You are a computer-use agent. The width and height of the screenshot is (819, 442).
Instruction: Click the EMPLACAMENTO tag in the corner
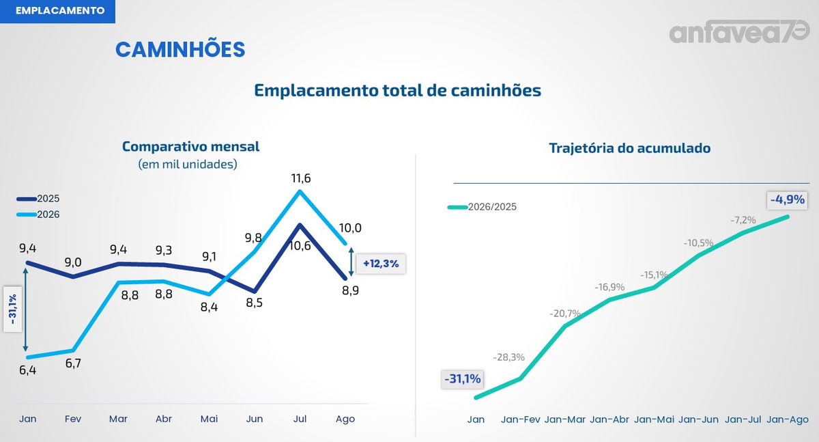click(57, 11)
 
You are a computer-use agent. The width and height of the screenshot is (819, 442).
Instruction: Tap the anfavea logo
click(739, 32)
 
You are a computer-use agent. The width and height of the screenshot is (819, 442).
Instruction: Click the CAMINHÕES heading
click(180, 50)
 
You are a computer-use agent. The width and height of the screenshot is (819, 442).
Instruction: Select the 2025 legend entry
click(38, 199)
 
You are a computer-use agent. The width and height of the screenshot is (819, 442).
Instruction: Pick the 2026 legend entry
click(38, 215)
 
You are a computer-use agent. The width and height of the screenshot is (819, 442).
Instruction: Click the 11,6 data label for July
click(301, 178)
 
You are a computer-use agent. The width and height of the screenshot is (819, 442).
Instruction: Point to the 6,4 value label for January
click(28, 370)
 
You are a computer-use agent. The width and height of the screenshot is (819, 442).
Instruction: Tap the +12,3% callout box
click(381, 264)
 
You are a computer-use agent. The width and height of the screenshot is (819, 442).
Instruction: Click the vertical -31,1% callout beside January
click(13, 309)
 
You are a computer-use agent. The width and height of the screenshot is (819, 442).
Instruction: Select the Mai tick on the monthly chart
click(209, 419)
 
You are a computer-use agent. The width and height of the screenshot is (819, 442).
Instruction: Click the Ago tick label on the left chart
click(345, 419)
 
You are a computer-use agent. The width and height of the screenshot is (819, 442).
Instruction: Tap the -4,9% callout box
click(787, 199)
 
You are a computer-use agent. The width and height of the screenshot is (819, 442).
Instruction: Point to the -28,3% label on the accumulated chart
click(508, 357)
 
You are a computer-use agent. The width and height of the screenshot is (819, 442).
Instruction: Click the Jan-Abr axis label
click(609, 419)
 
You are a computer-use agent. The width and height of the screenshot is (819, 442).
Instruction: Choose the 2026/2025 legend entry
click(482, 207)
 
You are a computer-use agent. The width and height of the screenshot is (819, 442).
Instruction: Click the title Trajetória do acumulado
click(629, 148)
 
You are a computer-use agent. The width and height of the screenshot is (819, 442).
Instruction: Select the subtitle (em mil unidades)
click(188, 164)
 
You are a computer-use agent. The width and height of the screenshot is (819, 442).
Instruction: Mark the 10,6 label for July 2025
click(300, 246)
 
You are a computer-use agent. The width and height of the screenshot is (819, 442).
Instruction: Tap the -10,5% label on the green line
click(698, 243)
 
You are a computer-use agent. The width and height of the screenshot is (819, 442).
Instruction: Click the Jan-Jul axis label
click(743, 419)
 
